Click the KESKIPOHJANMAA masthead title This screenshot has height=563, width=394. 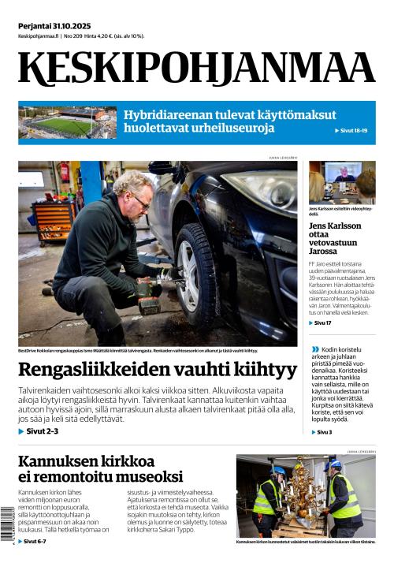(197, 68)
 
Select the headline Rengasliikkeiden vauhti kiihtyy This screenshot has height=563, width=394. (158, 369)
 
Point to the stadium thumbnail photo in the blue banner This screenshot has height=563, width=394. (67, 122)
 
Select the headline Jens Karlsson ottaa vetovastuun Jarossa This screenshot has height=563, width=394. (332, 237)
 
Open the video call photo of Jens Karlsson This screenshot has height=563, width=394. (342, 182)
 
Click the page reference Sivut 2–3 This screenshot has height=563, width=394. (42, 433)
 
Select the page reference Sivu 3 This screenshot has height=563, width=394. (324, 432)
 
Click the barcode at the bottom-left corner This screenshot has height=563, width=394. (7, 525)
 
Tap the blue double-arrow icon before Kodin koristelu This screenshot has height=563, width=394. (316, 349)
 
